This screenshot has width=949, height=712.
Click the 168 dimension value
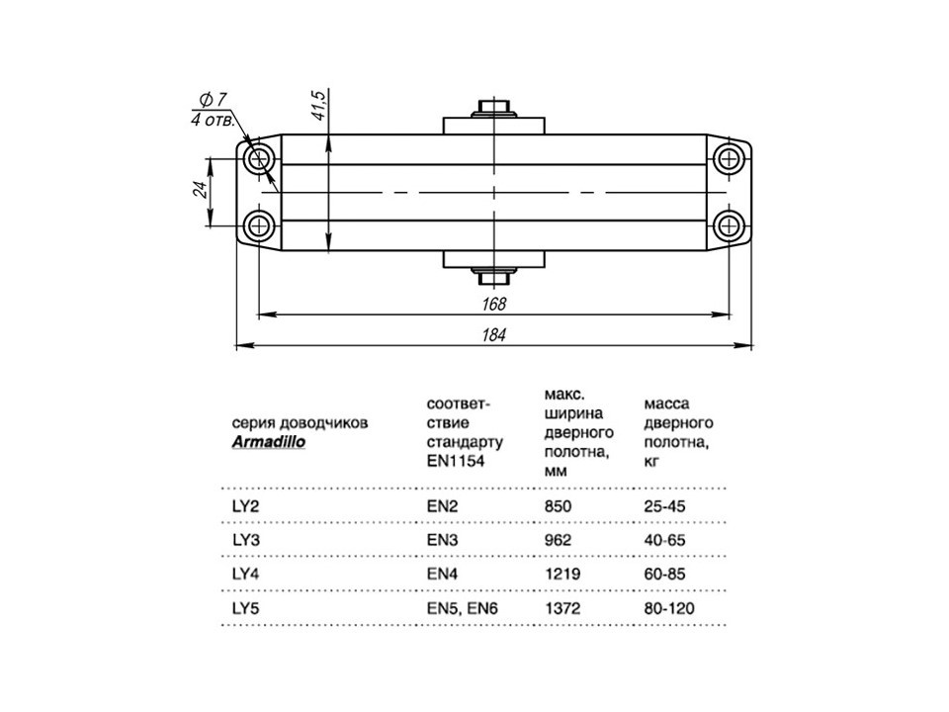coord(494,304)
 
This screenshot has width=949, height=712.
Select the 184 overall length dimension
coord(494,334)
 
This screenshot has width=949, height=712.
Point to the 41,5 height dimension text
coord(318,105)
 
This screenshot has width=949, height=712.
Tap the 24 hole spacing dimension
coord(202,190)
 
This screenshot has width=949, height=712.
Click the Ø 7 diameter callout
coord(214,99)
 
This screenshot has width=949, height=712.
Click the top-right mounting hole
coord(729,160)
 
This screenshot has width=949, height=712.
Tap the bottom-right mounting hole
coord(729,225)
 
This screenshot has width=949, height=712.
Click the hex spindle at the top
coord(494,108)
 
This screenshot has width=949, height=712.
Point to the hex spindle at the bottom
coord(494,278)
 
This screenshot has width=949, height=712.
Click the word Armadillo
coord(269,441)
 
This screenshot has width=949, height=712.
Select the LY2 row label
coord(245,506)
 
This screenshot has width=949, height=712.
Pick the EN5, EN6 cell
coord(463,608)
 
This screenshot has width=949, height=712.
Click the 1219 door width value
coord(562,574)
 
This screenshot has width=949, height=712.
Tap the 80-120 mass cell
coord(669,608)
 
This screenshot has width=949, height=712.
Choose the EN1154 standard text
coord(456,461)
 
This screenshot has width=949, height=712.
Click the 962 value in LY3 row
coord(558,540)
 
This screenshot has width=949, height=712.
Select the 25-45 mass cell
coord(664,506)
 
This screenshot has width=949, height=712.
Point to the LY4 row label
coord(246,574)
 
